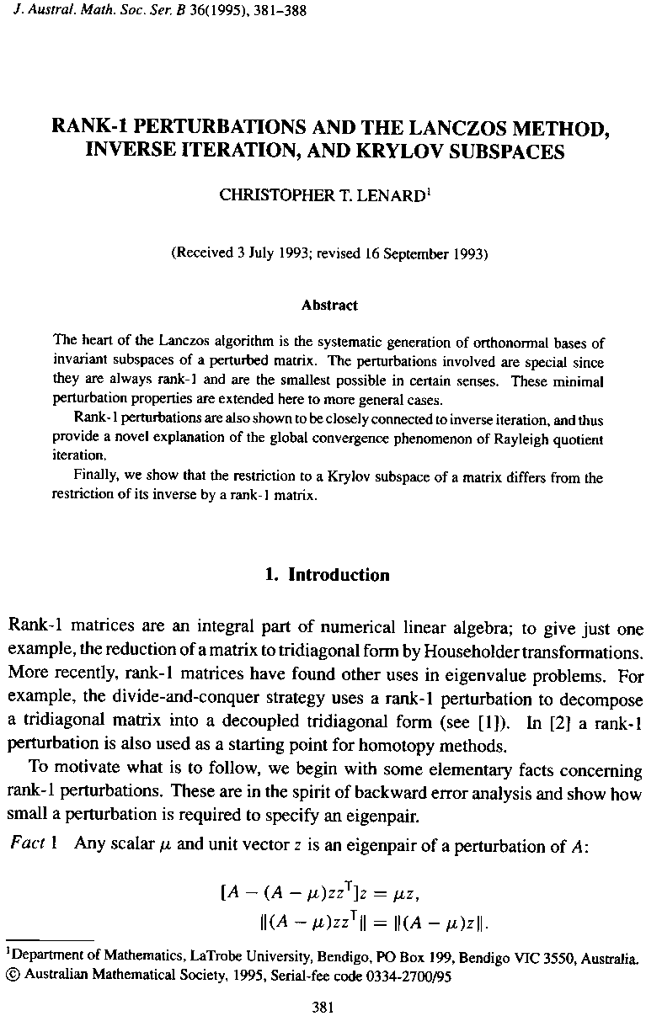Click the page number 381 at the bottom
324,1005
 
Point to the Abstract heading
329,305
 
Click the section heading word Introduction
339,575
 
